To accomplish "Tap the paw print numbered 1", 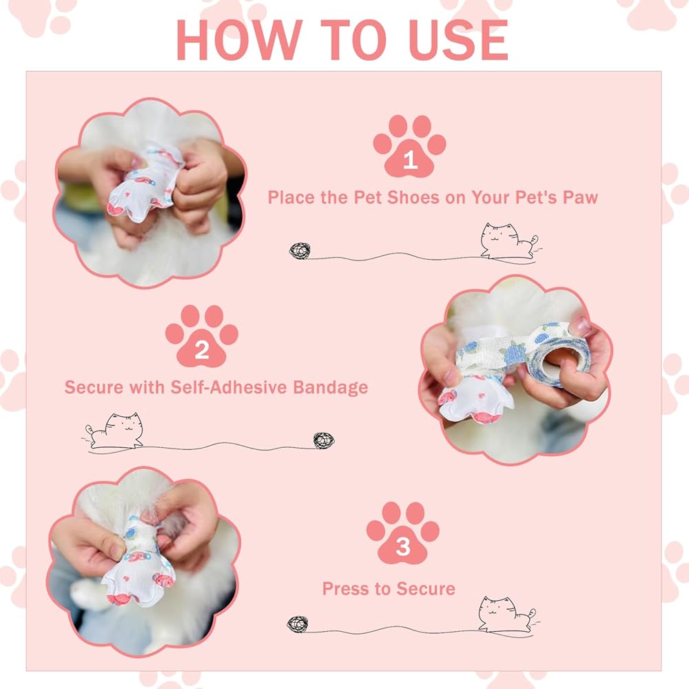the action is [409, 146].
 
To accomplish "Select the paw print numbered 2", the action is [202, 336].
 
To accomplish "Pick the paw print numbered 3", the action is [402, 533].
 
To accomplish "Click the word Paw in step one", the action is [580, 198].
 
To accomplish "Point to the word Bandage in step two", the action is [331, 387].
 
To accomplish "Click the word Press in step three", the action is [341, 589].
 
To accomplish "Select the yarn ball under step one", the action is [300, 251].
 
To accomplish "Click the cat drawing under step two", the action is [114, 431].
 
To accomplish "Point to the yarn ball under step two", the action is [324, 441].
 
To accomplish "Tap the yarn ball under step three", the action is [298, 624].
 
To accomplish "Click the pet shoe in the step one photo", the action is [145, 184].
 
